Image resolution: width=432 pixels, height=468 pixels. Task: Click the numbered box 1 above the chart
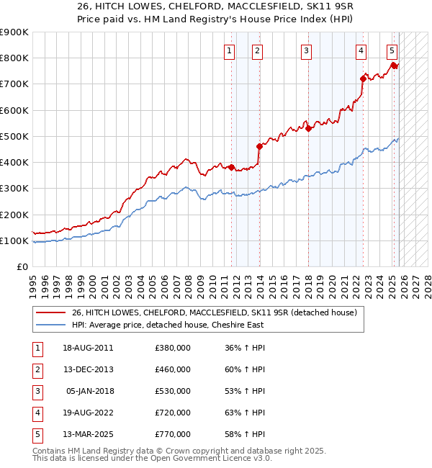tap(229, 50)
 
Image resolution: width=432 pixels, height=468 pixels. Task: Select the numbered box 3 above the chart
tap(307, 50)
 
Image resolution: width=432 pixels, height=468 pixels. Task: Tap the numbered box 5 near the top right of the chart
tap(392, 50)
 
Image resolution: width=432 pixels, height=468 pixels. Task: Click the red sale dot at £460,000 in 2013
tap(259, 146)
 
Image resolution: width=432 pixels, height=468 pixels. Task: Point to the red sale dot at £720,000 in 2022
tap(363, 78)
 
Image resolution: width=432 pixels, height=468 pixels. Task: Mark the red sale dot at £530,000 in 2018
tap(308, 129)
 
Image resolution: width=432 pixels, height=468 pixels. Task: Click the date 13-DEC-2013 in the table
tap(88, 369)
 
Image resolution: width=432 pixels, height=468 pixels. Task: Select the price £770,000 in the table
tap(173, 434)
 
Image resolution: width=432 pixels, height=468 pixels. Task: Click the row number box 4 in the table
tap(36, 413)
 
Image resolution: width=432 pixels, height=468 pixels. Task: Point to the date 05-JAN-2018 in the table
tap(89, 391)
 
